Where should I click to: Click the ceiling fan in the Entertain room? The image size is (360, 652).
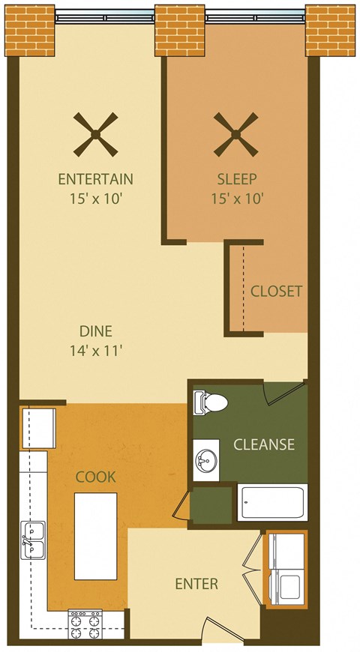point(96,135)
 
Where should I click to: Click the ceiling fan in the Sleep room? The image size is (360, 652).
point(236,135)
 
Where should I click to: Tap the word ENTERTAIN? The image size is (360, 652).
point(96,179)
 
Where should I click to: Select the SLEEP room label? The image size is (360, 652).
point(237,179)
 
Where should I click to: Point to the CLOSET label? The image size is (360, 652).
point(276,291)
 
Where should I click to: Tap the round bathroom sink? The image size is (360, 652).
point(204,459)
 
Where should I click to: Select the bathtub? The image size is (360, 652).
point(272,502)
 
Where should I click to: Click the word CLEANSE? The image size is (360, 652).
point(264,444)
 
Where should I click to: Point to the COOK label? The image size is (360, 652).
point(95,477)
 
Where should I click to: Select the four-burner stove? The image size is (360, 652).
point(85,624)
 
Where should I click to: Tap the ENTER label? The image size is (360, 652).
point(196,584)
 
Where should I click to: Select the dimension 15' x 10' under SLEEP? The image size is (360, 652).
point(237,199)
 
